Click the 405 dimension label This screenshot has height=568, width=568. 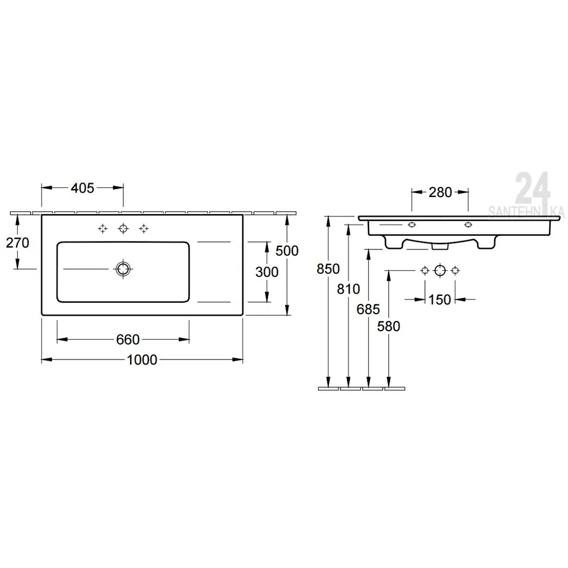82,188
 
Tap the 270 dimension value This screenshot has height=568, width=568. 18,243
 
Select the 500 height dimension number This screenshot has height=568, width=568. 287,250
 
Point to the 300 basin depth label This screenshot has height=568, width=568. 267,272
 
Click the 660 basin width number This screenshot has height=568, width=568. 128,340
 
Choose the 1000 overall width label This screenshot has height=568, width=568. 142,360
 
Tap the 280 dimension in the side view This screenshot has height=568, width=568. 441,193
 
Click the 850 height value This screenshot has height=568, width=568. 328,269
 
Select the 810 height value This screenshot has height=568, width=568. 349,289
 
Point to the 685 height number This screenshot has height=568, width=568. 369,310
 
